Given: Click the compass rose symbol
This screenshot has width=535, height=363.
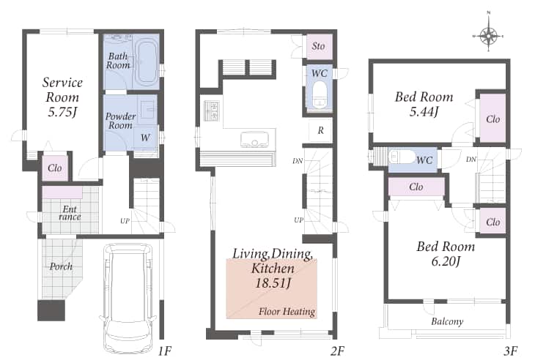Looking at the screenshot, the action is coord(489,35).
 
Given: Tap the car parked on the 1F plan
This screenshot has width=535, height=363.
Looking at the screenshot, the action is coord(128,299).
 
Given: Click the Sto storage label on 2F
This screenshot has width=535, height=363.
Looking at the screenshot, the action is coord(319,45).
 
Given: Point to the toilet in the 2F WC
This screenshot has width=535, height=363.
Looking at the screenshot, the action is coord(320,94).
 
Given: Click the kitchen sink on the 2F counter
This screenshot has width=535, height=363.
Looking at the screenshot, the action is coord(254,139).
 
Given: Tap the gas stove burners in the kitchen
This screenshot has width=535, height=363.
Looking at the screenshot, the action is coord(212,111).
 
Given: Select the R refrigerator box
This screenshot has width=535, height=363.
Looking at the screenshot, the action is coord(320,130).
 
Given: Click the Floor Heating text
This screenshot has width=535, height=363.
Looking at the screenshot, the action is coord(287,312).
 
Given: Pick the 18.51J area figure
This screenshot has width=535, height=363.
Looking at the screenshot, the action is coord(273,283).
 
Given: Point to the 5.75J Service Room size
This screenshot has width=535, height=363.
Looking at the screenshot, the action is coord(62,112).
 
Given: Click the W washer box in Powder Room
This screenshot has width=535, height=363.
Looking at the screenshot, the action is coord(145,138).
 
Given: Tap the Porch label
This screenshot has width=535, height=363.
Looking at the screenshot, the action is coord(61,266).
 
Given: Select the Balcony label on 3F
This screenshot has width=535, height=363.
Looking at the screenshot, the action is coord(447,321).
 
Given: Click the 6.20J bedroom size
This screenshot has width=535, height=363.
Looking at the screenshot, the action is coord(446,262).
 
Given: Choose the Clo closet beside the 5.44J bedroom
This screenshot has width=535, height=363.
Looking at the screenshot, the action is coord(492,119).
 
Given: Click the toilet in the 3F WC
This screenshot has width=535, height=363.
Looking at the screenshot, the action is coord(402,157).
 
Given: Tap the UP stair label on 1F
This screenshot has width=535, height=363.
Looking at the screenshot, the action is coord(125,221).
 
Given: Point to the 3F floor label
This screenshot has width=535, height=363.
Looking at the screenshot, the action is coord(510,351).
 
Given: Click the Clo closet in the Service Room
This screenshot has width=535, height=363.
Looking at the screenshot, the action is coord(54,168).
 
